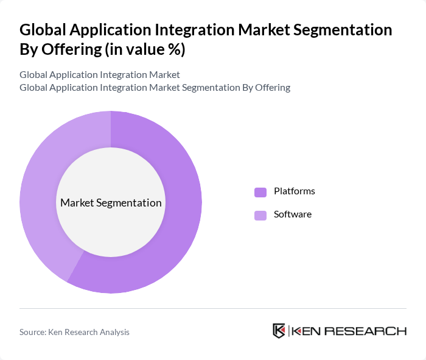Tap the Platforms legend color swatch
tap(260, 192)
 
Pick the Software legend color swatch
tap(260, 215)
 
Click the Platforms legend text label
tap(295, 191)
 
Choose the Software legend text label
tap(293, 214)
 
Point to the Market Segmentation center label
tap(111, 203)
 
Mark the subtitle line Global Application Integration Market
tap(100, 75)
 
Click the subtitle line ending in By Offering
tap(155, 88)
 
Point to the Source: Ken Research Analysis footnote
tap(74, 332)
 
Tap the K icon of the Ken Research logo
tap(279, 331)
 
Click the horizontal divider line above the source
tap(213, 308)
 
